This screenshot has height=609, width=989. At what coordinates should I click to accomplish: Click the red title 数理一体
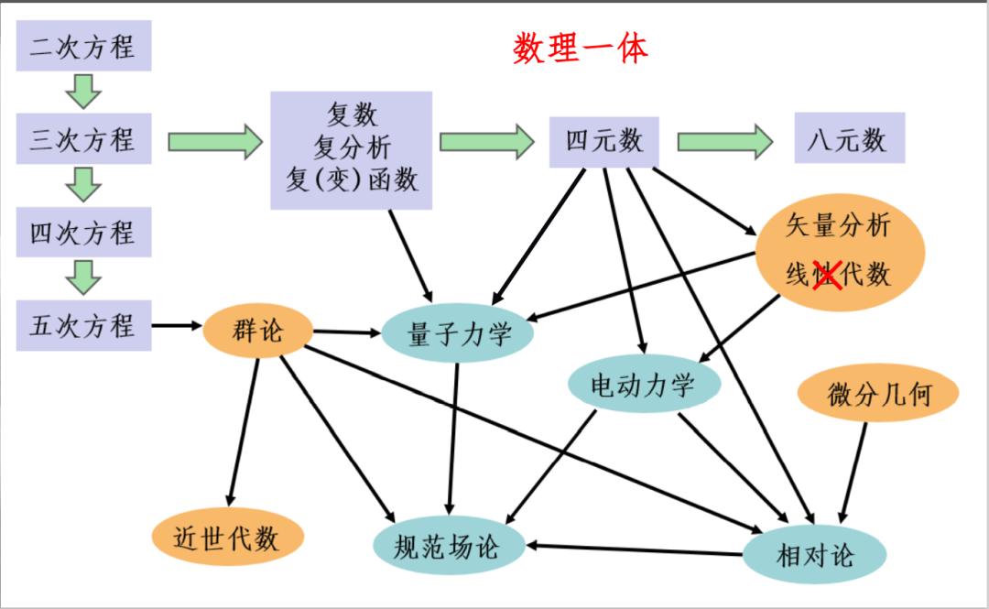coord(581,48)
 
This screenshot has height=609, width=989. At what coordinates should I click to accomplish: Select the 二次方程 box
coord(83,47)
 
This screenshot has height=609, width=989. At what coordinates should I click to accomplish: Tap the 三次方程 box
coord(83,140)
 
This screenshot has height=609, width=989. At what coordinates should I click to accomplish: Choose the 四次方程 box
coord(83,233)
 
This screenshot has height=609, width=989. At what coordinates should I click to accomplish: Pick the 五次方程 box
coord(83,325)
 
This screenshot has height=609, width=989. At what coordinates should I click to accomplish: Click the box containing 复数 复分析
coord(352,148)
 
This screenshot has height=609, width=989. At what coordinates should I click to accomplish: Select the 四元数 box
coord(604,141)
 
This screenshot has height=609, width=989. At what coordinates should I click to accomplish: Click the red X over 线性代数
coord(828,274)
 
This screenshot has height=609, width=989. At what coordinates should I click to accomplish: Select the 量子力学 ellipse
coord(458,334)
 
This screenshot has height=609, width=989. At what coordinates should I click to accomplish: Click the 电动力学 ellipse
coord(644,384)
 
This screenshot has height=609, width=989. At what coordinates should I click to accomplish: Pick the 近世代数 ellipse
coord(225,538)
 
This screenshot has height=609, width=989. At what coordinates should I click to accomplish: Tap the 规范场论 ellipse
coord(449,547)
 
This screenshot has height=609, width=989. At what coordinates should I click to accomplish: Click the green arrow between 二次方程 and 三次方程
coord(83,92)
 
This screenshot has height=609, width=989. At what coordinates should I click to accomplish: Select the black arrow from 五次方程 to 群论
coord(177,325)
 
